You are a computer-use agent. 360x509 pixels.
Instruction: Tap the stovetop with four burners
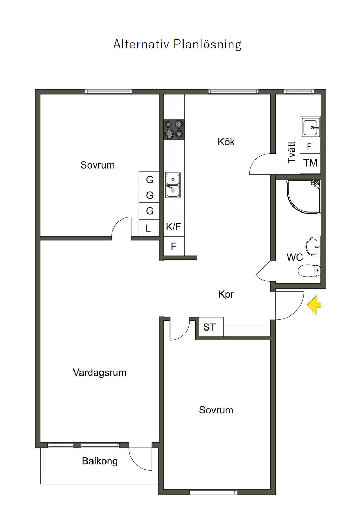pyautogui.click(x=174, y=129)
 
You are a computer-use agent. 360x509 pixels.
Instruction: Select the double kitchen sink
pyautogui.click(x=173, y=185)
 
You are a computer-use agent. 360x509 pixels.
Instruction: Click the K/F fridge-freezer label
pyautogui.click(x=173, y=227)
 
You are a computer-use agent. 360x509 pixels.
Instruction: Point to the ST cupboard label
pyautogui.click(x=209, y=327)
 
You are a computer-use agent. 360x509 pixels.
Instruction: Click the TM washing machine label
pyautogui.click(x=310, y=163)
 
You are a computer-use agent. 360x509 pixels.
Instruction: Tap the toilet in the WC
pyautogui.click(x=309, y=270)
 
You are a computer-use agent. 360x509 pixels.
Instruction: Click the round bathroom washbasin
pyautogui.click(x=313, y=246)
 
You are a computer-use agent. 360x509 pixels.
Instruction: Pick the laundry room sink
pyautogui.click(x=310, y=127)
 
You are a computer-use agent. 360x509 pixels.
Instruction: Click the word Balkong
pyautogui.click(x=100, y=461)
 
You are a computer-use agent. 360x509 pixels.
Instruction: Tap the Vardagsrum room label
pyautogui.click(x=99, y=372)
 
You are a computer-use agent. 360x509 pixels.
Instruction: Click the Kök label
pyautogui.click(x=226, y=142)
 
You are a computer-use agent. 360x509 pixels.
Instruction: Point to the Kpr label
pyautogui.click(x=226, y=294)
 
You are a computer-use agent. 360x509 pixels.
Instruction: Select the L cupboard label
pyautogui.click(x=148, y=229)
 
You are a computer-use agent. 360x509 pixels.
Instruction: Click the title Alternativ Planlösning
pyautogui.click(x=177, y=45)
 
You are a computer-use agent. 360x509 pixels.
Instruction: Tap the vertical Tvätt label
pyautogui.click(x=291, y=152)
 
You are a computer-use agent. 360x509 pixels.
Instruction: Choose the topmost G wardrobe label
pyautogui.click(x=150, y=180)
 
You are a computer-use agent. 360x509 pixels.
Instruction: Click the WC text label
pyautogui.click(x=295, y=257)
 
